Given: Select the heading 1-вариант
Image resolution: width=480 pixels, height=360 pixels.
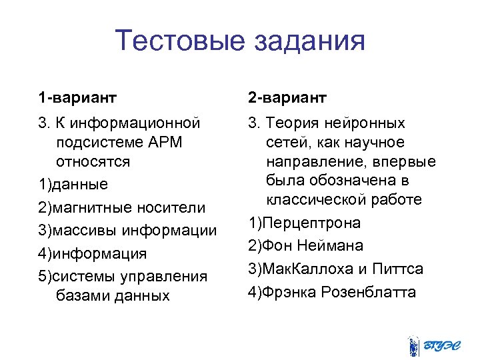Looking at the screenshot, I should click(77, 98).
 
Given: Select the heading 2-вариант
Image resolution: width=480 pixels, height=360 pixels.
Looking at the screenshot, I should click(287, 98).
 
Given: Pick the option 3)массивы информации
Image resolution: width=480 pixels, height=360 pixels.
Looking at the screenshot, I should click(127, 231).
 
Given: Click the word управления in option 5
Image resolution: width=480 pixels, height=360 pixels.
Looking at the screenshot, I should click(170, 276).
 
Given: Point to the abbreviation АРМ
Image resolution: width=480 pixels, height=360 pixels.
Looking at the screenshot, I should click(163, 143).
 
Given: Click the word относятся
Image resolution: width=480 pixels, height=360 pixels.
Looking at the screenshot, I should click(93, 161).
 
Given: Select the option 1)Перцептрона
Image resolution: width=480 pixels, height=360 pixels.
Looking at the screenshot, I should click(304, 223).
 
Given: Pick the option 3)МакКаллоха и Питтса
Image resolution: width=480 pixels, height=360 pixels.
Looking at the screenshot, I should click(335, 269).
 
